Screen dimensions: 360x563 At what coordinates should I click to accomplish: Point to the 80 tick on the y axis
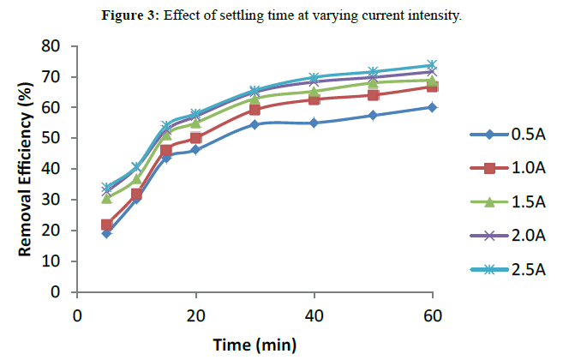(x=57, y=46)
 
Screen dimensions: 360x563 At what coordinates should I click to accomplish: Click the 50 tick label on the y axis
(x=57, y=138)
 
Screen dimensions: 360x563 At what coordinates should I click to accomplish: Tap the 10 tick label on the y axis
(x=57, y=261)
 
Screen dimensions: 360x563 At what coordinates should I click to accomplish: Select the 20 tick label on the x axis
(x=195, y=315)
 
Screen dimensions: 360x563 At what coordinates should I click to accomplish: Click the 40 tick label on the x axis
(x=314, y=315)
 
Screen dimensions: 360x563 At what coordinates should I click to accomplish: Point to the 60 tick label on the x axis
(x=433, y=315)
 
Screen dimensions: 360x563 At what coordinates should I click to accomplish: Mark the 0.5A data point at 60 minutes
(x=433, y=107)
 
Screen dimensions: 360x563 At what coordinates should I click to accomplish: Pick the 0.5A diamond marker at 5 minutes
(x=106, y=233)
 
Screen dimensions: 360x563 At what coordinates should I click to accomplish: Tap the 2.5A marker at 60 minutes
(x=433, y=65)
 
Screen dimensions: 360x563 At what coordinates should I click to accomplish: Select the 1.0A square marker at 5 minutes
(x=106, y=225)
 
